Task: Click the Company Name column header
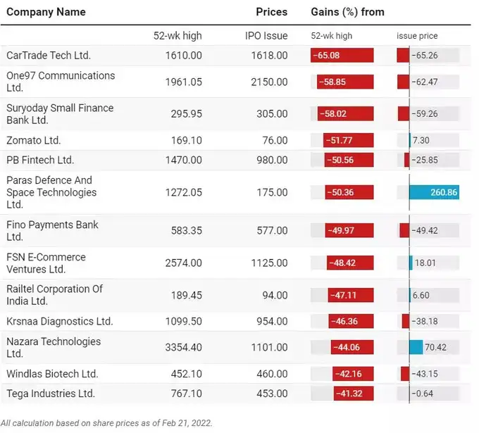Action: coord(46,12)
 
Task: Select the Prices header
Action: coord(271,12)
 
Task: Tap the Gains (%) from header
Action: coord(347,12)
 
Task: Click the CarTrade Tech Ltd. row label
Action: coord(49,55)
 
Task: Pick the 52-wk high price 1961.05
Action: coord(183,82)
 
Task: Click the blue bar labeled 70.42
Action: coord(416,347)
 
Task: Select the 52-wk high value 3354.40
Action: coord(183,347)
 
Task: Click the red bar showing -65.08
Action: coord(332,55)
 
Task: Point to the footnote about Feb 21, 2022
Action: coord(106,423)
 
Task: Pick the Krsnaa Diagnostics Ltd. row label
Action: coord(59,321)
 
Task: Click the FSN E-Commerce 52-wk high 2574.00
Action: coord(183,263)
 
